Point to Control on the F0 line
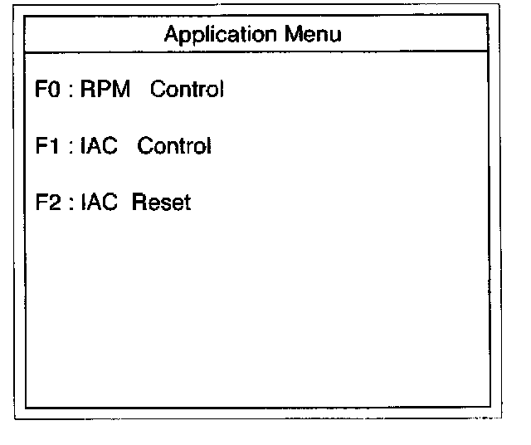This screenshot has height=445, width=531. pos(187,90)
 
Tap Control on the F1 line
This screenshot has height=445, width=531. pos(174,147)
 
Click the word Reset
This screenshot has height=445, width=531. pos(161,203)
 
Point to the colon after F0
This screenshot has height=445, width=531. pos(71,92)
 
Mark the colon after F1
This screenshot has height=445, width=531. pos(71,149)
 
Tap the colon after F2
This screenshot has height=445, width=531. pos(71,204)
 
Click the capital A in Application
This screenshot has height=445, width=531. pos(171,35)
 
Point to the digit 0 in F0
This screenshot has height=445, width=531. pos(56,90)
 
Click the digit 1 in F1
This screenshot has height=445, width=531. pos(56,147)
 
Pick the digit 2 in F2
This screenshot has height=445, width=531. pos(56,203)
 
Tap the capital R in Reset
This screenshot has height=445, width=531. pos(138,203)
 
